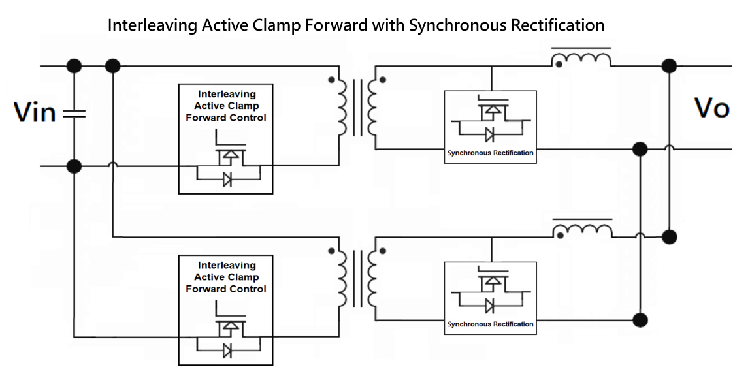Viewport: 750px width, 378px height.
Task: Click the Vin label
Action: coord(35,112)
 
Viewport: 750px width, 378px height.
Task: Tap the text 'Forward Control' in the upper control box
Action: coord(226,118)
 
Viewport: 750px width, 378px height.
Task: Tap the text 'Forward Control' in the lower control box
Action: coord(226,289)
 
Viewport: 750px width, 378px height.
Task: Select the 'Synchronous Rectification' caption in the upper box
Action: coord(490,153)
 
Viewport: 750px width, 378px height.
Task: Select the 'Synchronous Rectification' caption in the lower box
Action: coord(490,324)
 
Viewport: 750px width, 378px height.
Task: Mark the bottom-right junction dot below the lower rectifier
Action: coord(641,320)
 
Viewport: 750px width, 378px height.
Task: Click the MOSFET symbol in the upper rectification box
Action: coord(490,112)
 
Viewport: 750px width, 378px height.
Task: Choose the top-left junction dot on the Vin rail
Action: coord(74,65)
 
